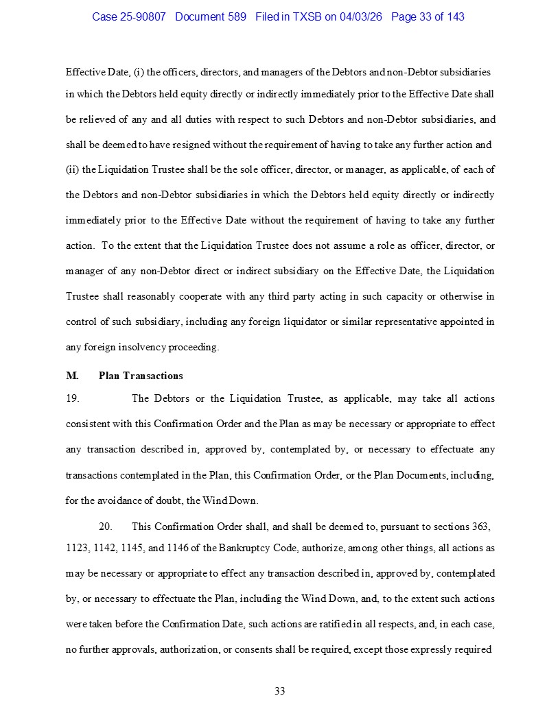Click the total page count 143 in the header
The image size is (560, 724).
pos(455,16)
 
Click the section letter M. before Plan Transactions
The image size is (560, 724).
pos(72,376)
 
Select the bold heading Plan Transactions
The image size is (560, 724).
pos(141,376)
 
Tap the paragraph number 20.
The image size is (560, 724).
pos(105,527)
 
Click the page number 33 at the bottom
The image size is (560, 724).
pos(280,691)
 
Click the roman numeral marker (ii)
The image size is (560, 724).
pos(72,169)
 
